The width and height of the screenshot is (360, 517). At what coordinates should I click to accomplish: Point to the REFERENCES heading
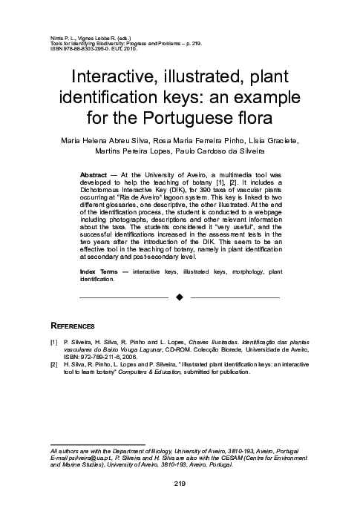tap(72, 326)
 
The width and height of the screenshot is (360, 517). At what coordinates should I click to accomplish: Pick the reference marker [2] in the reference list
tap(53, 366)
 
